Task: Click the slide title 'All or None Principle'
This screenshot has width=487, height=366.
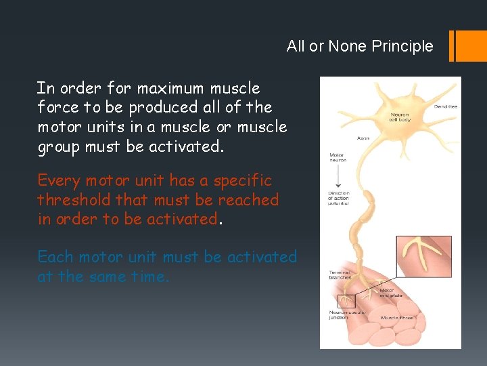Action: pos(359,46)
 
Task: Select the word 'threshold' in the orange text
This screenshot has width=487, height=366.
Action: pos(75,200)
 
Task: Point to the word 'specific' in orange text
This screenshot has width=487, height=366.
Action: pos(242,181)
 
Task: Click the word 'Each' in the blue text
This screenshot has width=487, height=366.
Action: pos(55,257)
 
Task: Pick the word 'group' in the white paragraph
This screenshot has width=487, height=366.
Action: pos(59,146)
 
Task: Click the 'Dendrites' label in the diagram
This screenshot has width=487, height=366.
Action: pos(445,106)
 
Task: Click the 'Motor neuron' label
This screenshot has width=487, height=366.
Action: pos(336,158)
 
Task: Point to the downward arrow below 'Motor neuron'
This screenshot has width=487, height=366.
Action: pos(336,177)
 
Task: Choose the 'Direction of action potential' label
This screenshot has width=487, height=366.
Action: pos(338,198)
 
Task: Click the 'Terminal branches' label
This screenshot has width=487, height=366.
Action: pos(339,276)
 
